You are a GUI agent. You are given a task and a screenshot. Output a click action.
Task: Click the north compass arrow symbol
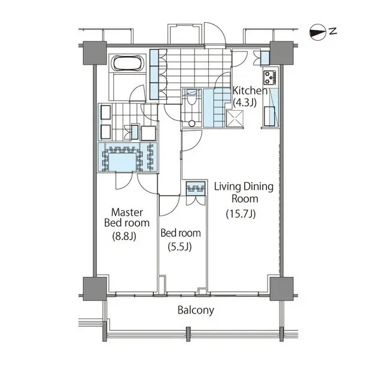322,29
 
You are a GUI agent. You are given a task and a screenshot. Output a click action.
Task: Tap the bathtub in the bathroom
127,63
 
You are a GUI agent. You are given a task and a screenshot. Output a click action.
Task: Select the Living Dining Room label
244,193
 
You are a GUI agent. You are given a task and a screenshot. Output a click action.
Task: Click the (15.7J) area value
241,214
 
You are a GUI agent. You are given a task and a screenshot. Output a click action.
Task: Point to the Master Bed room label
126,217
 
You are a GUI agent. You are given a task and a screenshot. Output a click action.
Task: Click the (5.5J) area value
180,247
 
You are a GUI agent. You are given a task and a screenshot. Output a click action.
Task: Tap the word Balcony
195,311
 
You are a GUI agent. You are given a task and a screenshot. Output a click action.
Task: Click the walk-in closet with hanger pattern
127,157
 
